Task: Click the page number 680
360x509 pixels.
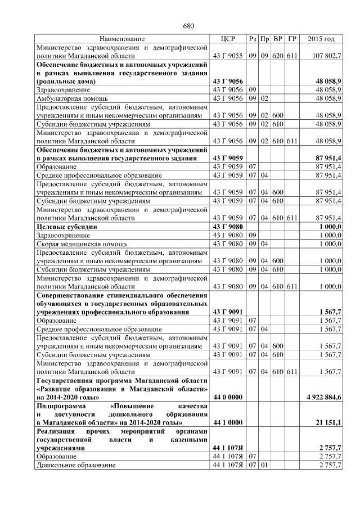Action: point(188,26)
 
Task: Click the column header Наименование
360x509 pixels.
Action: point(122,39)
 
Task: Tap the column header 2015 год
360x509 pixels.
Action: point(322,39)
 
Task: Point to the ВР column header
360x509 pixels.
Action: point(278,39)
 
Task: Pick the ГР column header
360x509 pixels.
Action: point(292,39)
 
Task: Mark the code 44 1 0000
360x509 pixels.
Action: point(228,422)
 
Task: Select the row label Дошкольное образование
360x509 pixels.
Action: point(76,466)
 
